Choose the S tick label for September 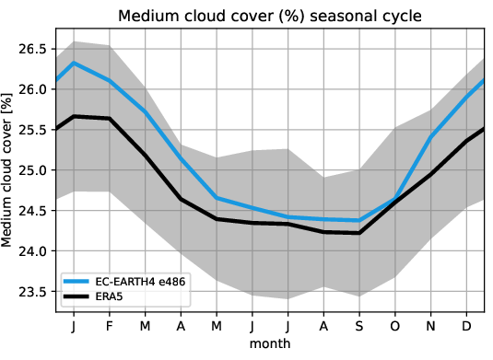point(359,326)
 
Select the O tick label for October point(395,326)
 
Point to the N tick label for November point(431,326)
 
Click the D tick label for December point(466,326)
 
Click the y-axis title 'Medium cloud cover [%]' point(10,171)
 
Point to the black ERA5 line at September point(359,233)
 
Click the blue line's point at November point(431,136)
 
